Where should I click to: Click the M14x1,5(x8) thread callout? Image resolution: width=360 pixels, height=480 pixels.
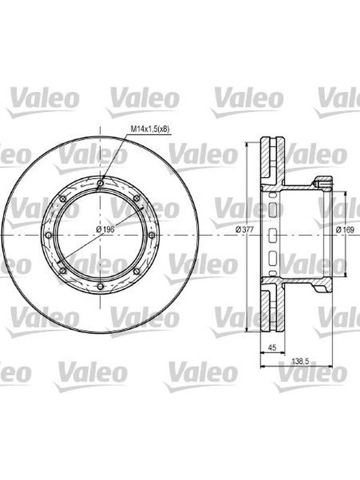[150, 129]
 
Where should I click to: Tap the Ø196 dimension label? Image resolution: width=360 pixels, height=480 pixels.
[105, 229]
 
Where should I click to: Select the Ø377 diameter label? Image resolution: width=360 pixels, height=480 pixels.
[245, 229]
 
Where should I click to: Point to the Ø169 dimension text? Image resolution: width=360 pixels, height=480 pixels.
[344, 229]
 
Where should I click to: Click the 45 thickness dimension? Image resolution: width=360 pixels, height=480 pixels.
[272, 347]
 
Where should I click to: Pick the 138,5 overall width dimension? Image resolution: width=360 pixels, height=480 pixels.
[299, 361]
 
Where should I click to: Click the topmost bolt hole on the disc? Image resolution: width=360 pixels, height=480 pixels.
[100, 183]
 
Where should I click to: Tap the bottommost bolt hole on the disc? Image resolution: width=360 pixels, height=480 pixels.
[100, 287]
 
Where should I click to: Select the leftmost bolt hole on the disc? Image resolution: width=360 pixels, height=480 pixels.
[49, 235]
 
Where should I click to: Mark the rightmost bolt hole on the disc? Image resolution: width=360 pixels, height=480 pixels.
[152, 235]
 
